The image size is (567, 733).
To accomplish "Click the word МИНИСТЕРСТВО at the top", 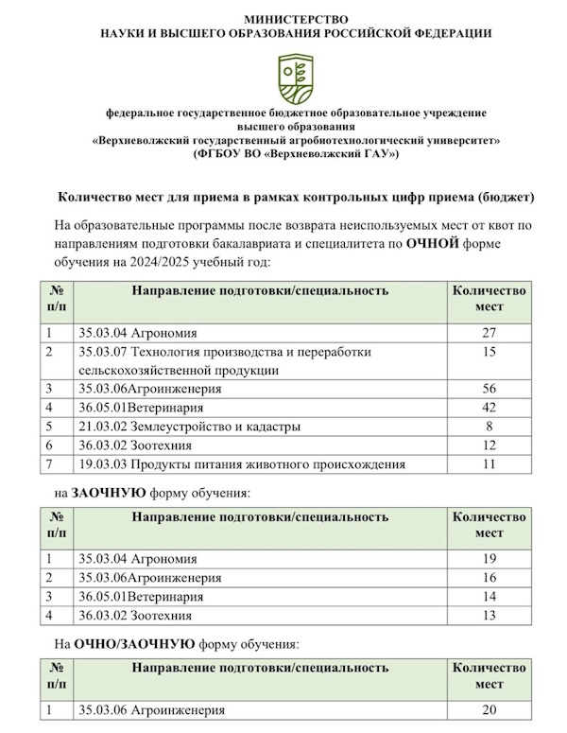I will [x=296, y=19].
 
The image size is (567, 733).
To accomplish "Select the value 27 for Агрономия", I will [x=489, y=332].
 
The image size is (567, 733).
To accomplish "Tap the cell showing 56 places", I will [x=489, y=389].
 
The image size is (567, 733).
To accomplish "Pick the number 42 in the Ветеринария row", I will [x=489, y=408].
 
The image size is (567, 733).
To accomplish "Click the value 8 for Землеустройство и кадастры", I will [x=489, y=427].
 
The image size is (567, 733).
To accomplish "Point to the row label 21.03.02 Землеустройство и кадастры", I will [x=189, y=427].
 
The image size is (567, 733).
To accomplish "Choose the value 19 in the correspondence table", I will [x=489, y=559].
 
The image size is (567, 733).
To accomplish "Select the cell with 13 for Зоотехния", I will [x=489, y=616].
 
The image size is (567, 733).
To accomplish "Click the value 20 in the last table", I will [x=489, y=710].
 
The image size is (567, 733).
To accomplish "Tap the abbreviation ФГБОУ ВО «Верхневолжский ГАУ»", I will [x=296, y=153].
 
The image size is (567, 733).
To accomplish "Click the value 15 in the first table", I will [x=489, y=352].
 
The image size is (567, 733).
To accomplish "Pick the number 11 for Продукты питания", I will [x=489, y=464].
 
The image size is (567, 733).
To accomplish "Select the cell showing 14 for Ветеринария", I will [x=489, y=597].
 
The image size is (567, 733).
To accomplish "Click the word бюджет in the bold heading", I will [x=506, y=198].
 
